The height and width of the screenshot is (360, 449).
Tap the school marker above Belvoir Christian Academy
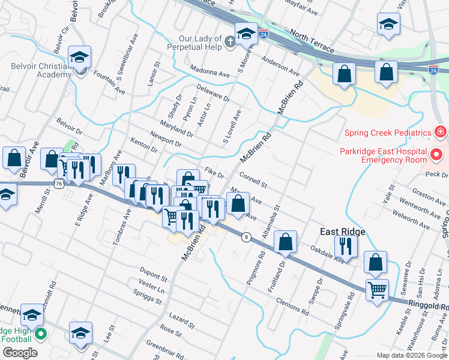79,58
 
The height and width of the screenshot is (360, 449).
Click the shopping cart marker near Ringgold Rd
377,291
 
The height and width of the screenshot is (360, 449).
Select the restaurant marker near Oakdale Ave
346,246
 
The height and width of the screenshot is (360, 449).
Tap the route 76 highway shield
58,184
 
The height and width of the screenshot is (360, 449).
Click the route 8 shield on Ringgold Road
246,237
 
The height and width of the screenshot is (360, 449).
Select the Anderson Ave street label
280,66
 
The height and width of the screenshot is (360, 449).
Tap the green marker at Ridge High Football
40,334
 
